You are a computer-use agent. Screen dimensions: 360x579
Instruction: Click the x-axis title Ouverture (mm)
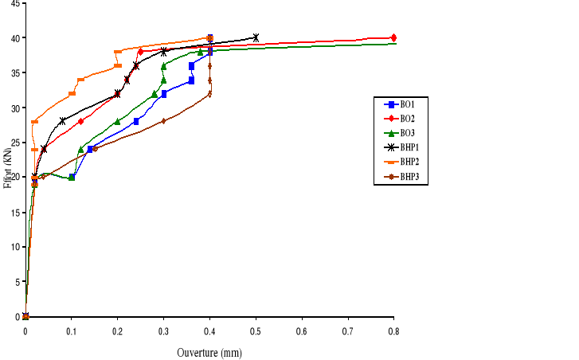[209, 352]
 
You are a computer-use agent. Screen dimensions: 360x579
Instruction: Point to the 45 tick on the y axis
[15, 3]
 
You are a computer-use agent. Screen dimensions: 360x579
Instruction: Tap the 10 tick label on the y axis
[15, 248]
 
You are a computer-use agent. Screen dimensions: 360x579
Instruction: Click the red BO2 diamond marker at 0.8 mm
[393, 37]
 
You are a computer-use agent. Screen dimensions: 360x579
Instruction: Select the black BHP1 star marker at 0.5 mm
[256, 37]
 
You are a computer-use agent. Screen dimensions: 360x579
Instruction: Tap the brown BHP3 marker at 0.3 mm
[163, 121]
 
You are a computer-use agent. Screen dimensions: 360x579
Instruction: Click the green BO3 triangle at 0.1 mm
[72, 177]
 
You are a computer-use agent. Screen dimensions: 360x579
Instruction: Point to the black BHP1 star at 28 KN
[62, 121]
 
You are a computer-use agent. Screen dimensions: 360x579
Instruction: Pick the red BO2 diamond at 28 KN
[80, 121]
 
